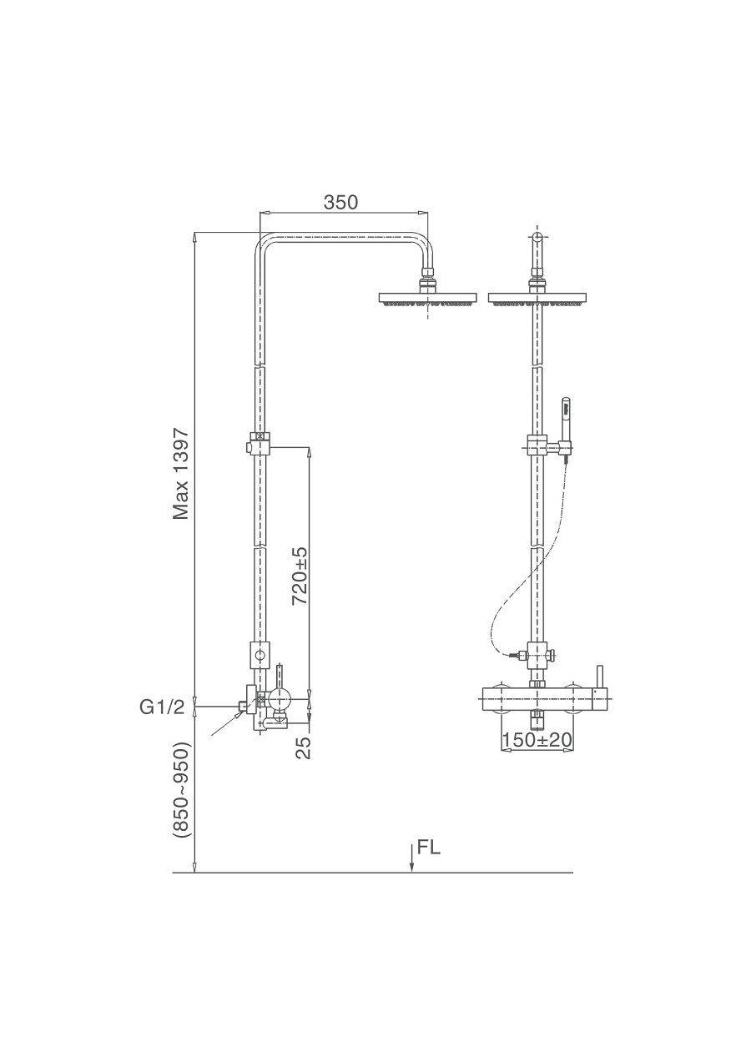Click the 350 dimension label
[x=340, y=203]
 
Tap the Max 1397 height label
[x=181, y=474]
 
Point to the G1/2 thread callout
[x=162, y=707]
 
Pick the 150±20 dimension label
[x=537, y=739]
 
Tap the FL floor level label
[x=429, y=848]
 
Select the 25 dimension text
[x=305, y=747]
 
